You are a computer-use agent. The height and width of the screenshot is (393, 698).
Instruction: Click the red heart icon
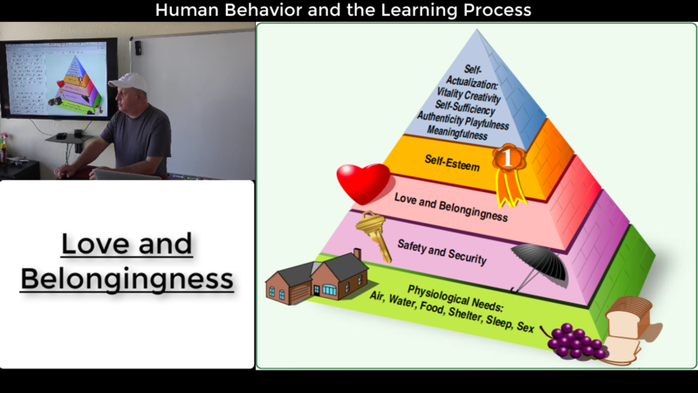point(363,183)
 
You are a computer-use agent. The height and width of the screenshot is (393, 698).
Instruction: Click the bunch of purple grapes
point(575,339)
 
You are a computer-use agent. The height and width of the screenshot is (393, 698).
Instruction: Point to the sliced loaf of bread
point(628,329)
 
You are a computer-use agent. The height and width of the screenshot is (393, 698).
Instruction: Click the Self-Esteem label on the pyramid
point(451,160)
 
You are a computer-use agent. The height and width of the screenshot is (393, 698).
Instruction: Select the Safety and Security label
point(441,251)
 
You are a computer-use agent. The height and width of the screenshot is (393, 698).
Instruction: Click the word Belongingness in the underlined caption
point(127,279)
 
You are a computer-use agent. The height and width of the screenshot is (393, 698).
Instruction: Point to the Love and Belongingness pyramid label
point(451,205)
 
